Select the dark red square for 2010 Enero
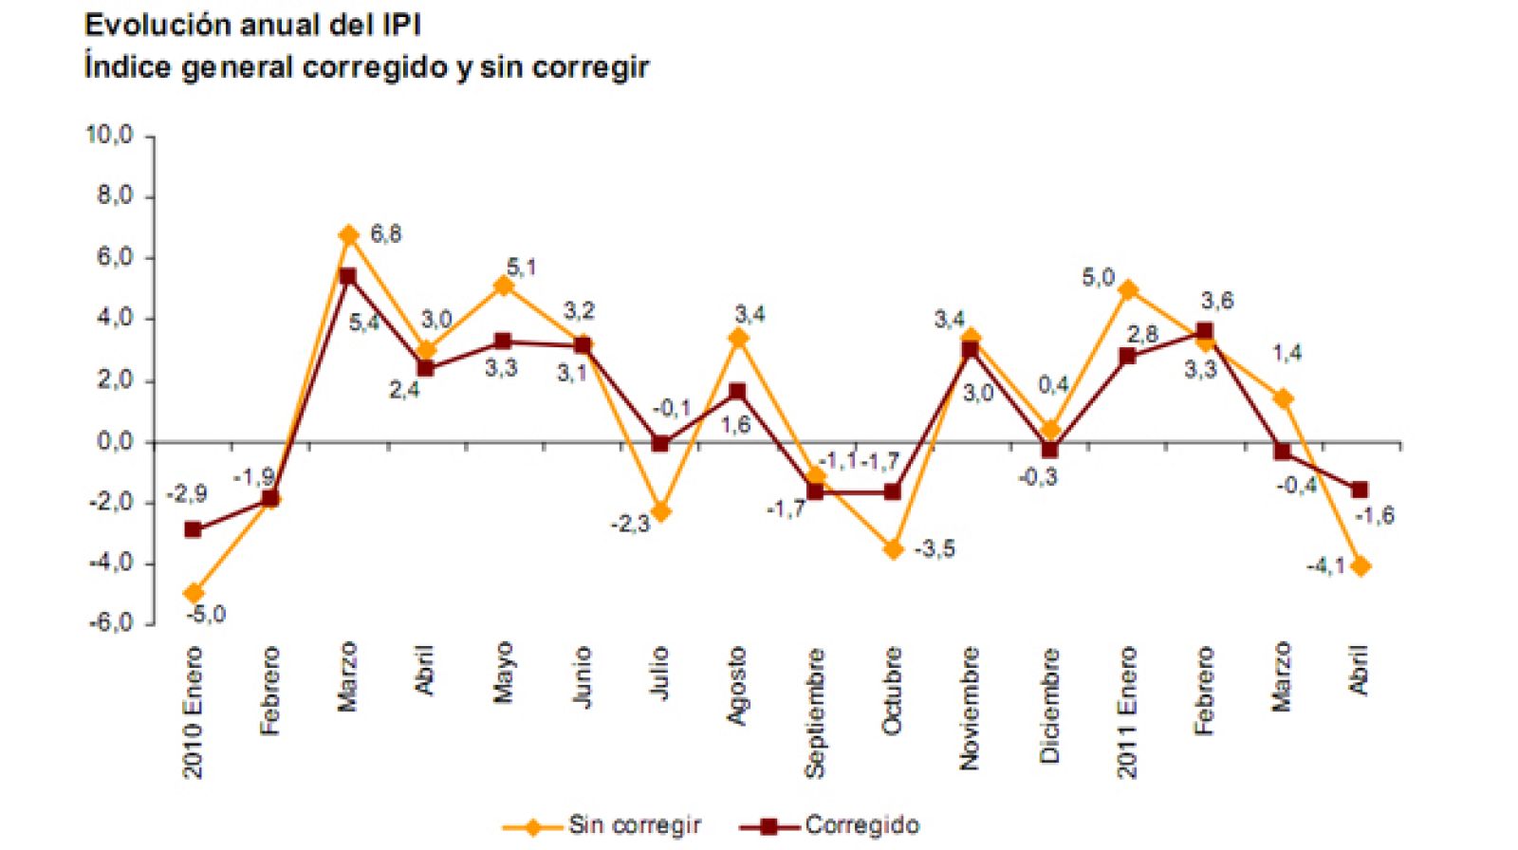193,529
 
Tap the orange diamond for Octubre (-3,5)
893,549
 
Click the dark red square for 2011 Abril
1360,490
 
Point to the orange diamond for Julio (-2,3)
660,512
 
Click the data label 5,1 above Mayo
521,268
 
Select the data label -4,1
1325,565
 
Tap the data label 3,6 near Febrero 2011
1217,301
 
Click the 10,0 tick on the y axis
110,135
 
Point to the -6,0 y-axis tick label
110,623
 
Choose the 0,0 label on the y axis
115,442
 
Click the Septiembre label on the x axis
815,712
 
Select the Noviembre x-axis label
970,707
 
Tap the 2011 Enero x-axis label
1126,711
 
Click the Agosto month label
737,685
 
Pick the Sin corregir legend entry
634,825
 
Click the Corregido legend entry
861,825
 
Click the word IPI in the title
401,25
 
